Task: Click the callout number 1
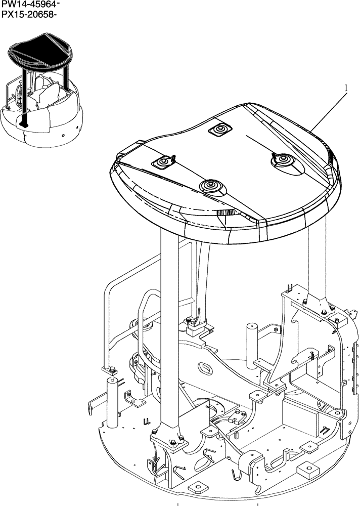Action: point(346,88)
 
